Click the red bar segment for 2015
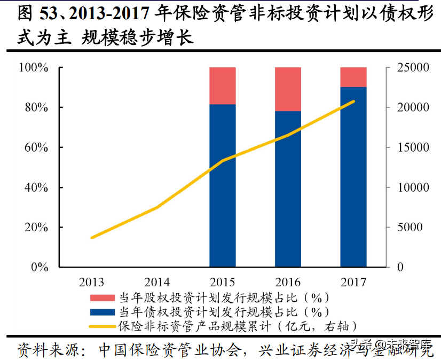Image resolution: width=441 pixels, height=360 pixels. [223, 85]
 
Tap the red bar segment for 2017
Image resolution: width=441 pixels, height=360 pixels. [353, 77]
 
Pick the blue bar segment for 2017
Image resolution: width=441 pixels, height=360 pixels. [353, 176]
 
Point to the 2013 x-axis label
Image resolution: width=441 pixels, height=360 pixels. [91, 282]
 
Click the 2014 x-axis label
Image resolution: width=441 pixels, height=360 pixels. [157, 282]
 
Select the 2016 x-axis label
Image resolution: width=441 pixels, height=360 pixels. [288, 282]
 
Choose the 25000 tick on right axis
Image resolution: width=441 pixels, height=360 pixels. [411, 68]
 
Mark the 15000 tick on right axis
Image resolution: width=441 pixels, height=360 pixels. [411, 147]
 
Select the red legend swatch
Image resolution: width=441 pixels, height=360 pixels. [103, 298]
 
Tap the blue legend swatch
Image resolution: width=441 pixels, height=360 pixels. [103, 312]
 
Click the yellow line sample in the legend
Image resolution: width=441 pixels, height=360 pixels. [103, 326]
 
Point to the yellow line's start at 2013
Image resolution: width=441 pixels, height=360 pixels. [92, 238]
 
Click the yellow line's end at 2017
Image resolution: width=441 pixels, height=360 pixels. [353, 101]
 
